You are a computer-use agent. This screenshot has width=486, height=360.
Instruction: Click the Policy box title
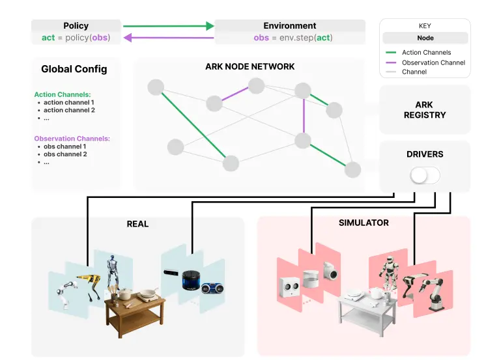76,26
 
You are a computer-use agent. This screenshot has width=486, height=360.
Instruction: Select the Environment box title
289,26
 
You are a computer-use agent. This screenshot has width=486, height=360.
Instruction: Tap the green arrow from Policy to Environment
168,26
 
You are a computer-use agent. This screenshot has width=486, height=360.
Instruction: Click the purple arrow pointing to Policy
168,38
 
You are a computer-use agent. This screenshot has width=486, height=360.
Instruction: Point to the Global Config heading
74,69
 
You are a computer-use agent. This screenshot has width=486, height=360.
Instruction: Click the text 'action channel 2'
69,110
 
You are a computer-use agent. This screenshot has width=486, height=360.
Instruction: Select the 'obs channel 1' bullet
65,146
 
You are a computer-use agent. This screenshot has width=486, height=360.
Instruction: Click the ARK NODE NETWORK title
250,66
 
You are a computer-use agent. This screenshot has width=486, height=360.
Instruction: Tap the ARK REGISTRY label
424,110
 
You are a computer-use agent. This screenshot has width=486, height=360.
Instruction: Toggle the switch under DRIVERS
425,175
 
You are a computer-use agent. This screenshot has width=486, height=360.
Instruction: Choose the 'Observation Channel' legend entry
433,62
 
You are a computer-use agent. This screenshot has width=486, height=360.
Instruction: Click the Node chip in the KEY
425,38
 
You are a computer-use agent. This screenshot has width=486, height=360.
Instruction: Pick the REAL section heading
137,224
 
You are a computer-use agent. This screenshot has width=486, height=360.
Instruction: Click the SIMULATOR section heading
364,223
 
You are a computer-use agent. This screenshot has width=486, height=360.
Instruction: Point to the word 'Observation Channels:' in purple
72,139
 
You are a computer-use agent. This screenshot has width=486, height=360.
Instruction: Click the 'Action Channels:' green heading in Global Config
62,94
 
